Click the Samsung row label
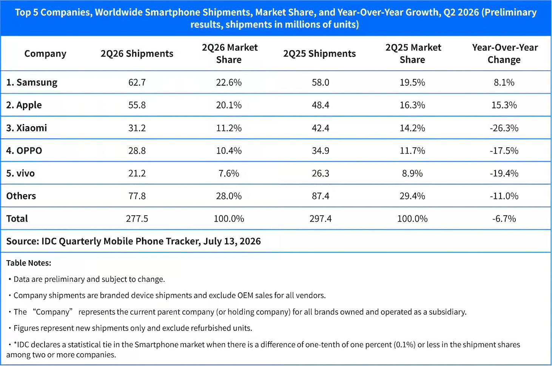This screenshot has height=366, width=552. [x=32, y=82]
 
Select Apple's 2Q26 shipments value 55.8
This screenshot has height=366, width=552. [x=137, y=105]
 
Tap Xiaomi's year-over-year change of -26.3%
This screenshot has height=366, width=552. [x=504, y=128]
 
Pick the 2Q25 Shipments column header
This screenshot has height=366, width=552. [x=319, y=54]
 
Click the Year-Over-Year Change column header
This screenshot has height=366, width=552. [x=505, y=54]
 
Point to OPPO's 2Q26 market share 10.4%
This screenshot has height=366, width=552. [x=229, y=151]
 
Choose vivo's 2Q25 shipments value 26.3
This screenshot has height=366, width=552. [x=320, y=173]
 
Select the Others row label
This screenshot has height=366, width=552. [x=21, y=196]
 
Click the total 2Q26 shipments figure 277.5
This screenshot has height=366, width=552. [x=137, y=219]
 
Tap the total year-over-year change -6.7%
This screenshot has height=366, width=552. [x=504, y=219]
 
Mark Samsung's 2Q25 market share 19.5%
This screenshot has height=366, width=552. [x=412, y=82]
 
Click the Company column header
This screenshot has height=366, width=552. [x=45, y=54]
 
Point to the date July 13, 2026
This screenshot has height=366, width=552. [x=232, y=241]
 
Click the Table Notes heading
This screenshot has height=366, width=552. [x=29, y=263]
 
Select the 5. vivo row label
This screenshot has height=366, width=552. [x=20, y=173]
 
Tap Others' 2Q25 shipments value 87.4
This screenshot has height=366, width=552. [x=320, y=196]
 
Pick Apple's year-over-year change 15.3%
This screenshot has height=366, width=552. [x=504, y=105]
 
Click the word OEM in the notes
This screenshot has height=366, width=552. [x=245, y=295]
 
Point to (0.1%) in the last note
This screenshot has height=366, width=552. [x=404, y=344]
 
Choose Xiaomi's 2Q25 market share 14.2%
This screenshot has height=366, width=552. [x=412, y=128]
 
